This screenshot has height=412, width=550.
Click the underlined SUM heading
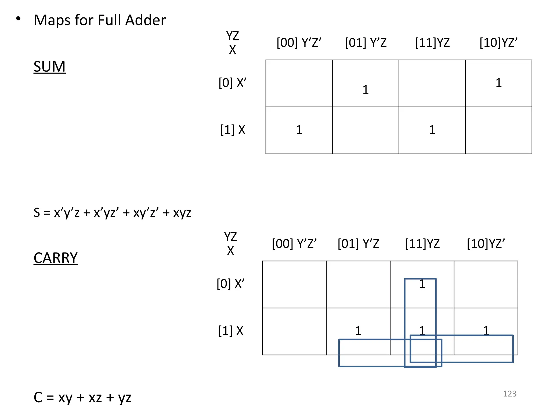49,67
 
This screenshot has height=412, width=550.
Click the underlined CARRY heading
56,258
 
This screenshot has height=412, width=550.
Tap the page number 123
509,393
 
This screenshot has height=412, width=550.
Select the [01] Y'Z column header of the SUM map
366,43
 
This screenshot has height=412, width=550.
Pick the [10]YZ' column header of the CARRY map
486,244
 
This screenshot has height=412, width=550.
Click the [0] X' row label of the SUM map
232,83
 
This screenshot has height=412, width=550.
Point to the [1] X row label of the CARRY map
231,331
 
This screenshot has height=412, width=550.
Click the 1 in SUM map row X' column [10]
498,83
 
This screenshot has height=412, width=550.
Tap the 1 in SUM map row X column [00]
299,130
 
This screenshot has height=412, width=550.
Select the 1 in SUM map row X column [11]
432,130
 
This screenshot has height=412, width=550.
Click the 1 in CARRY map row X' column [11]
422,284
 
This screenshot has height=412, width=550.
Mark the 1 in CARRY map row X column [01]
358,331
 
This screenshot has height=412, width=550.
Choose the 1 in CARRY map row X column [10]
486,330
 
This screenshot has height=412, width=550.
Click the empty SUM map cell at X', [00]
299,83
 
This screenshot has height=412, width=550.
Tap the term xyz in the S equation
182,213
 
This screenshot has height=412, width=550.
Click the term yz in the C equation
125,398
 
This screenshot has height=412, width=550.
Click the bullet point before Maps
18,19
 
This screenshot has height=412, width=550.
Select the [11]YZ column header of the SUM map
432,43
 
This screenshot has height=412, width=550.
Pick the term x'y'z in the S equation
67,213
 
